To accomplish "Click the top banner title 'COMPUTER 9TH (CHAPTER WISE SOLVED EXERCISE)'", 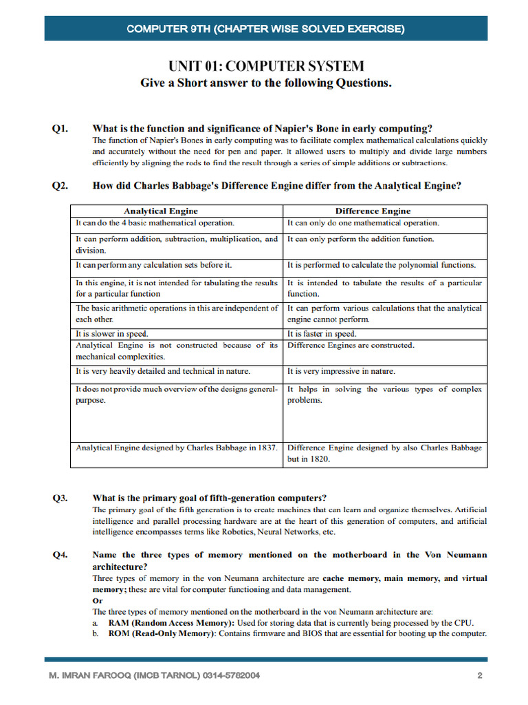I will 266,29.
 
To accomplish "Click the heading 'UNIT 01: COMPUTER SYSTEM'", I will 266,67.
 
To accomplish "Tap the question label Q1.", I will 60,129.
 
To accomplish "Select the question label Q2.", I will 60,186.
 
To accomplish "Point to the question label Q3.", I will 60,498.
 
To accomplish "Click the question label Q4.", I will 60,554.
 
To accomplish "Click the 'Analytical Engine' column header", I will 160,211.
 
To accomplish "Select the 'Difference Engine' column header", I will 373,211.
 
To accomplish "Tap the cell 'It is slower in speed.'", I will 111,334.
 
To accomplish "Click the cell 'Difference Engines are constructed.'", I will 351,346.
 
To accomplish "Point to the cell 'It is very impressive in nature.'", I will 341,372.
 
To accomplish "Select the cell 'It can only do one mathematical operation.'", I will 363,223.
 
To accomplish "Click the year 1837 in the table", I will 265,448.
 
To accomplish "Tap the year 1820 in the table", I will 318,459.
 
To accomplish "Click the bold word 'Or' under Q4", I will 97,600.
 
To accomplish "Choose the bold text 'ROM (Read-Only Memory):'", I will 162,633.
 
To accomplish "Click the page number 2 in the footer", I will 480,675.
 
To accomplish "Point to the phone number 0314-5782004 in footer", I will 232,675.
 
